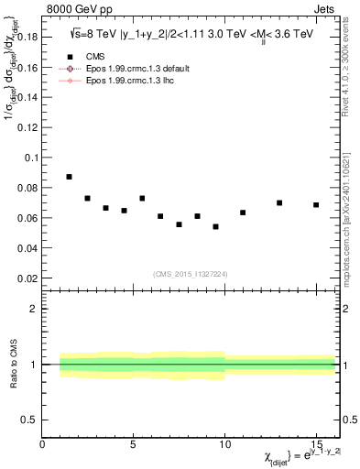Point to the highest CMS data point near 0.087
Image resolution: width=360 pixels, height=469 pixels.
click(x=69, y=177)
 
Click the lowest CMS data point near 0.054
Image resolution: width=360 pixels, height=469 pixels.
click(x=215, y=226)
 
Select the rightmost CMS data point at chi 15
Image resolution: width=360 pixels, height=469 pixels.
click(x=316, y=204)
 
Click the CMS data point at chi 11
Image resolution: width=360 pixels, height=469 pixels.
click(x=243, y=213)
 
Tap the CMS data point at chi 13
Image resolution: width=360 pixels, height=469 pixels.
click(x=279, y=202)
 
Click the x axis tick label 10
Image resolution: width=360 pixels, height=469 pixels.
click(x=224, y=444)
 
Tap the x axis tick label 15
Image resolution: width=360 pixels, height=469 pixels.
click(x=316, y=444)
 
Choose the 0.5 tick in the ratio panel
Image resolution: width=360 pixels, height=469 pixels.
click(x=32, y=420)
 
